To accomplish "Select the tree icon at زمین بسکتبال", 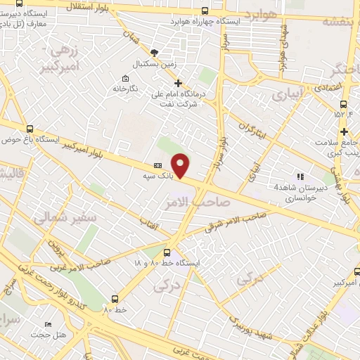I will [x=155, y=52].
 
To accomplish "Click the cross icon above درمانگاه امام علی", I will [x=179, y=82].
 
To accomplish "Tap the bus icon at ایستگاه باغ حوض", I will [x=30, y=129].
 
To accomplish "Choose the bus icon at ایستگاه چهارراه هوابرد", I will [x=205, y=11].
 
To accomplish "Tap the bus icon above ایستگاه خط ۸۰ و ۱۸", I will [x=167, y=252].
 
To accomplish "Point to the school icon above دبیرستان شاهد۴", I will [x=300, y=176].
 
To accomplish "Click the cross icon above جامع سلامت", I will [x=343, y=131].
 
